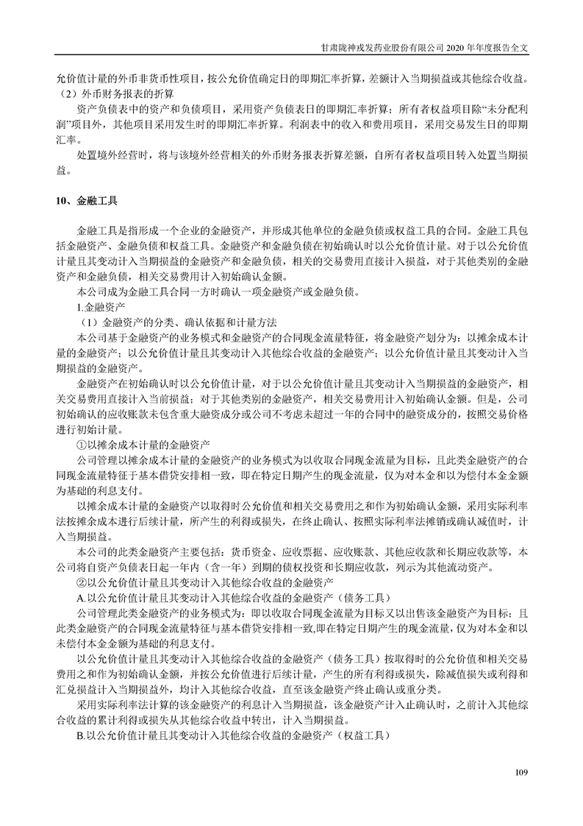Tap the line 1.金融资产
tap(101, 306)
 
